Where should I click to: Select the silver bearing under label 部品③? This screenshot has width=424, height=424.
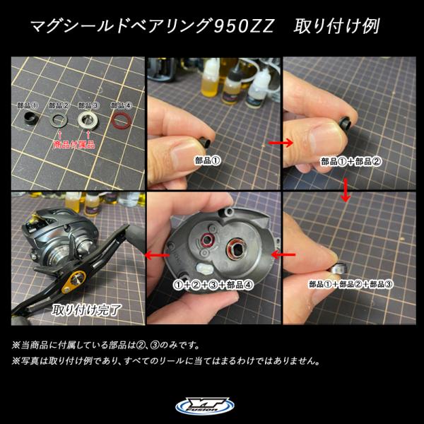pyautogui.click(x=88, y=120)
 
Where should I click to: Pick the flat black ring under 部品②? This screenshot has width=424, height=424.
pyautogui.click(x=59, y=120)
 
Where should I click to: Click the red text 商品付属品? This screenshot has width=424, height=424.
pyautogui.click(x=74, y=144)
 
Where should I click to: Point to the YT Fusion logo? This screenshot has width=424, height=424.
pyautogui.click(x=205, y=406)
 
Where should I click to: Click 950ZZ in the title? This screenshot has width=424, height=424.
pyautogui.click(x=244, y=27)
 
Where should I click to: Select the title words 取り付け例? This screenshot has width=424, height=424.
pyautogui.click(x=336, y=26)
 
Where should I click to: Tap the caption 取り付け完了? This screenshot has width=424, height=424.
pyautogui.click(x=86, y=310)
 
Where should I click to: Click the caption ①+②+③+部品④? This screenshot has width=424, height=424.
pyautogui.click(x=213, y=285)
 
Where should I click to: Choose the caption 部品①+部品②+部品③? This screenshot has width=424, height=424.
pyautogui.click(x=351, y=284)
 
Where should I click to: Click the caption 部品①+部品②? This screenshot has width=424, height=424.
pyautogui.click(x=351, y=161)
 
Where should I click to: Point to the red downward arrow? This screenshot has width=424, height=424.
pyautogui.click(x=345, y=190)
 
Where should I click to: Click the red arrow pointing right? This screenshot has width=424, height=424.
pyautogui.click(x=281, y=142)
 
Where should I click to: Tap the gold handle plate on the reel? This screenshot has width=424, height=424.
pyautogui.click(x=73, y=282)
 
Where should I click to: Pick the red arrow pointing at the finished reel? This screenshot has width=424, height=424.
pyautogui.click(x=157, y=254)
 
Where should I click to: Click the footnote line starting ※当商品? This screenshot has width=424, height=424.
pyautogui.click(x=106, y=346)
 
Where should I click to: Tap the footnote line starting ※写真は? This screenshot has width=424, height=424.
pyautogui.click(x=166, y=360)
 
